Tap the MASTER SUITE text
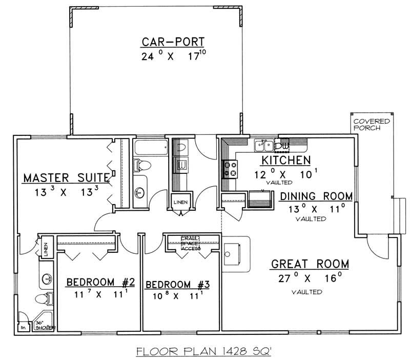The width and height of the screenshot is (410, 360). pos(66,178)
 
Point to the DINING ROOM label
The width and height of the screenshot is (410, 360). pos(316,196)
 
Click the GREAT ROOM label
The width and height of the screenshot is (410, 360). pos(310,265)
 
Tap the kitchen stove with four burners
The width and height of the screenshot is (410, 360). pos(229,168)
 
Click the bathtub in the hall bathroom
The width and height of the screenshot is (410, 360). pos(150,149)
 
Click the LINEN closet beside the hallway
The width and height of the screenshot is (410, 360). pos(179,202)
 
